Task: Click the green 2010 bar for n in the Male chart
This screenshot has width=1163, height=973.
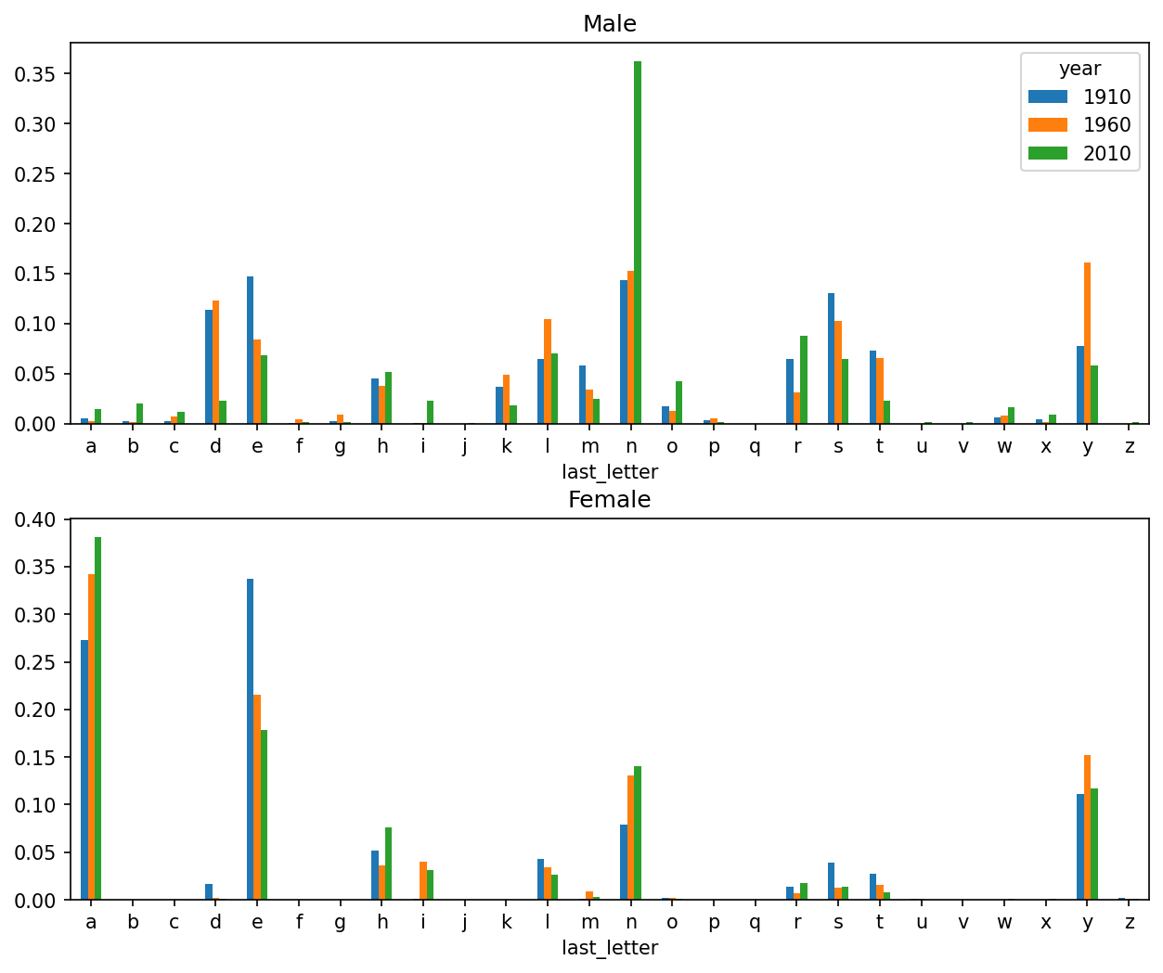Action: pyautogui.click(x=638, y=242)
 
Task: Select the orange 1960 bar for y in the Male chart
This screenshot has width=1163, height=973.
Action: pyautogui.click(x=1087, y=343)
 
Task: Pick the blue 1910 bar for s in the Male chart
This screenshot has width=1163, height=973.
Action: pyautogui.click(x=832, y=358)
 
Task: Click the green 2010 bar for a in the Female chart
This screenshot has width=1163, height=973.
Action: pyautogui.click(x=97, y=718)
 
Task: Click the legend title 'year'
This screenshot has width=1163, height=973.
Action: pyautogui.click(x=1079, y=69)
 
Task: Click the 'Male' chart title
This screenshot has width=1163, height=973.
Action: pyautogui.click(x=610, y=23)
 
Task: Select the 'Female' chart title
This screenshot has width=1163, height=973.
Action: pyautogui.click(x=610, y=499)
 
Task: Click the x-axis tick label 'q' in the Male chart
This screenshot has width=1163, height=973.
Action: pyautogui.click(x=755, y=447)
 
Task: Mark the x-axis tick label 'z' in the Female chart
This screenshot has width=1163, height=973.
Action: pyautogui.click(x=1129, y=923)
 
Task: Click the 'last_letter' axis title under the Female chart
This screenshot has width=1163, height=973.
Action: pyautogui.click(x=610, y=948)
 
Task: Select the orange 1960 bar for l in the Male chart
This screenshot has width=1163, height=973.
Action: pyautogui.click(x=548, y=371)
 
